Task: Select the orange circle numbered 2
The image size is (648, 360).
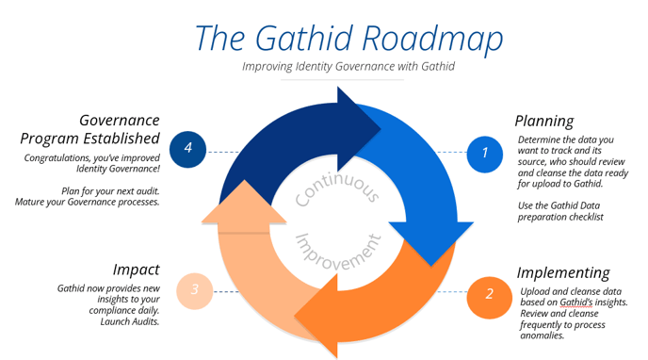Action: [x=489, y=293]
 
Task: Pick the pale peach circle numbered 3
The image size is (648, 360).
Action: [x=194, y=289]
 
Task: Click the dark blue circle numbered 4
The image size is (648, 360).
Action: [x=188, y=148]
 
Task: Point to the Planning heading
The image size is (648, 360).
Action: [x=543, y=121]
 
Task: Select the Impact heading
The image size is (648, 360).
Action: [x=137, y=269]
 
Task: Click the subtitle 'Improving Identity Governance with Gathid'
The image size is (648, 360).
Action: [x=348, y=66]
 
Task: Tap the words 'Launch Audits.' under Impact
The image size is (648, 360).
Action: [x=130, y=321]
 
